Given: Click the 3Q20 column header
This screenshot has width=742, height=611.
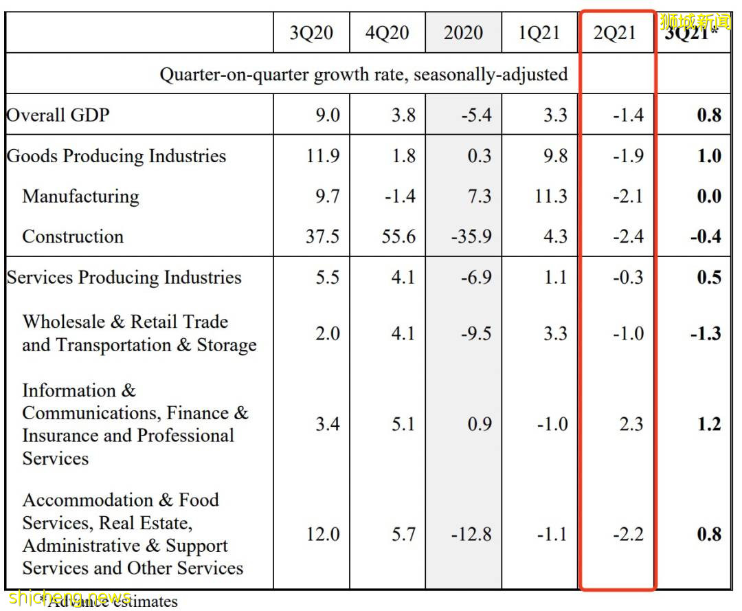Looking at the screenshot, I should click(311, 33).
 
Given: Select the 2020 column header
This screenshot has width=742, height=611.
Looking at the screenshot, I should click(463, 33).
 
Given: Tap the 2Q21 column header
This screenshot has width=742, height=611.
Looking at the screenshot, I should click(615, 33).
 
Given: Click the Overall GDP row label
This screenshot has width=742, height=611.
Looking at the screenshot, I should click(58, 114).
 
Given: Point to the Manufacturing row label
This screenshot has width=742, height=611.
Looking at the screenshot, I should click(80, 196).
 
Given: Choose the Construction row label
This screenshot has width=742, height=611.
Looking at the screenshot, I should click(73, 236).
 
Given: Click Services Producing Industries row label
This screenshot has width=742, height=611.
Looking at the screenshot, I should click(124, 277).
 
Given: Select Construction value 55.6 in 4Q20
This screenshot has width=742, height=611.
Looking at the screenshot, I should click(398, 236).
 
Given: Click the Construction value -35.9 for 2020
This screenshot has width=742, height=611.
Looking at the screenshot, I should click(471, 236).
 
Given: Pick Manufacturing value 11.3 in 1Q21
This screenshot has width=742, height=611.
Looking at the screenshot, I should click(551, 196).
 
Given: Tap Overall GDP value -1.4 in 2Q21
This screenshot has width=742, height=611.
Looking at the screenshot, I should click(628, 114).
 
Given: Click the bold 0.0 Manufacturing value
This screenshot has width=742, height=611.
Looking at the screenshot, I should click(708, 196).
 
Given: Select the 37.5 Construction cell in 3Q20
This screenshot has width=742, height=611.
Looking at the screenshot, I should click(322, 236).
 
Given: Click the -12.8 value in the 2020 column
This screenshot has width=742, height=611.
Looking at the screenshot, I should click(471, 534).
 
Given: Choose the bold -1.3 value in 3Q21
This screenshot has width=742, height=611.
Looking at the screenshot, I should click(706, 333).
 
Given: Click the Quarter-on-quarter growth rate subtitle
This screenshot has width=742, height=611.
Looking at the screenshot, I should click(363, 74).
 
